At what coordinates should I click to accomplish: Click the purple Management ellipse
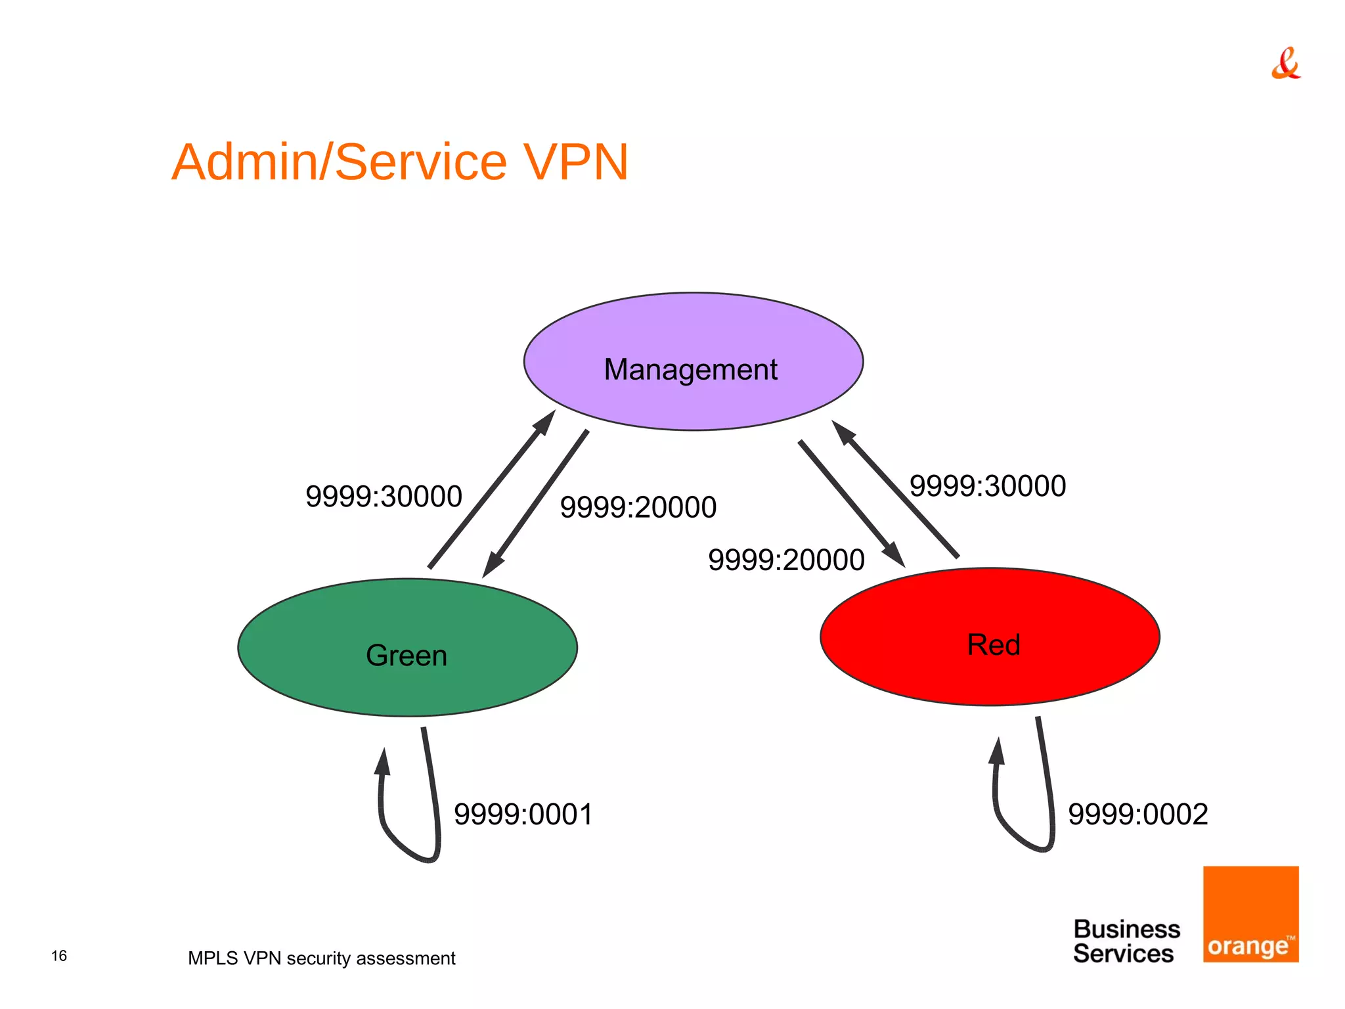(693, 361)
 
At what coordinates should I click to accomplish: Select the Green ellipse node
(407, 647)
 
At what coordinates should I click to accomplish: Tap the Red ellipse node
(990, 637)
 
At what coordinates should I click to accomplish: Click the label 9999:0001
(523, 815)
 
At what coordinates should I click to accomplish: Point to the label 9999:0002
(1137, 815)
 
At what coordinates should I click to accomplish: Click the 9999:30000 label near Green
(384, 497)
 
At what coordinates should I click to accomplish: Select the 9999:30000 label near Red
(987, 486)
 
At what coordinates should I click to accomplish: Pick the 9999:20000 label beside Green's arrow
(638, 508)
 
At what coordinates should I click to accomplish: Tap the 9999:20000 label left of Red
(785, 560)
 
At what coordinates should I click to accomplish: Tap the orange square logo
(1250, 914)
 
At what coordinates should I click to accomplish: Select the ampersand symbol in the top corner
(1285, 64)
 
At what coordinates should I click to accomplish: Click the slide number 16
(59, 956)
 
